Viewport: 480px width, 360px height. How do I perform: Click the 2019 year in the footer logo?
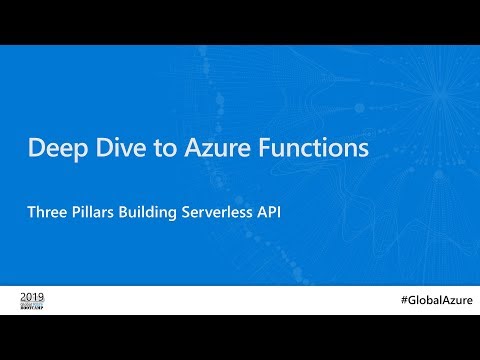click(32, 297)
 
